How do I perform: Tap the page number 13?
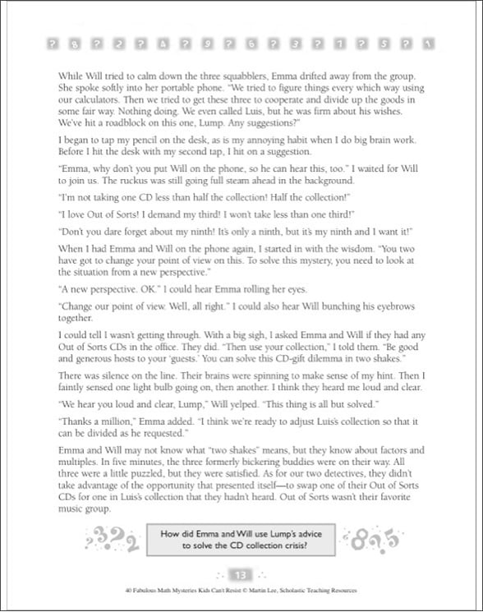(x=241, y=573)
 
